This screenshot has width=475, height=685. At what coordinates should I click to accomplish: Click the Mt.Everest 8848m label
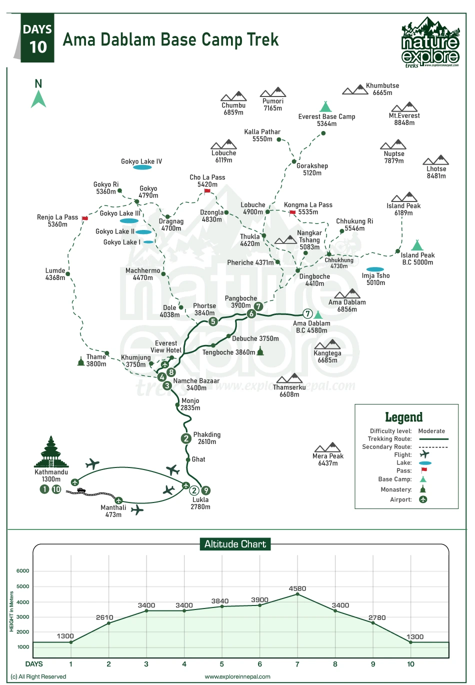pos(404,119)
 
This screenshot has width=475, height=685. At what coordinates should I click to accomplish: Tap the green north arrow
pos(38,98)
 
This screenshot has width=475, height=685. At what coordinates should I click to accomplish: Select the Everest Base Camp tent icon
pos(325,106)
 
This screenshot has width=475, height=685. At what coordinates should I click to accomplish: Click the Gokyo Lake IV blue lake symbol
pos(142,167)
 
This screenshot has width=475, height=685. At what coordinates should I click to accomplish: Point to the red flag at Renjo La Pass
pos(85,218)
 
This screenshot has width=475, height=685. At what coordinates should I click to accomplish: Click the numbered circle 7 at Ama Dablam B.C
pos(307,314)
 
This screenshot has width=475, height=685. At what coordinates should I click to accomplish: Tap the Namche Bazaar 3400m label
pos(196,384)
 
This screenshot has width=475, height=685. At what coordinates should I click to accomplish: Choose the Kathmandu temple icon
pos(51,452)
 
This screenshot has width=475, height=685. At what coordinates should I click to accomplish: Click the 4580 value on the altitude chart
pos(297,588)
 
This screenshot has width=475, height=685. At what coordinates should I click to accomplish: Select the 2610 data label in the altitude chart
pos(104,617)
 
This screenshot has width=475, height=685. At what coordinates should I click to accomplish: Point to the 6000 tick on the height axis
pos(23,570)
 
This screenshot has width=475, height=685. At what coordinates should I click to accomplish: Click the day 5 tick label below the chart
pos(221,664)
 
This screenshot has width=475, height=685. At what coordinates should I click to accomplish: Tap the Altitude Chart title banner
pos(235,544)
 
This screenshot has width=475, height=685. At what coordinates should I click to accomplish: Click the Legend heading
pos(403,417)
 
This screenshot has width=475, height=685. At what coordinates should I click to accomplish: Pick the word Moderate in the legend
pos(431,431)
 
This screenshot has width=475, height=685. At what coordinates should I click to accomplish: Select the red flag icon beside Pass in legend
pos(424,470)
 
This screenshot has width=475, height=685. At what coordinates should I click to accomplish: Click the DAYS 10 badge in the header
pos(37,38)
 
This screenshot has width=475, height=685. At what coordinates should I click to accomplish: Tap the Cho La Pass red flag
pos(207,191)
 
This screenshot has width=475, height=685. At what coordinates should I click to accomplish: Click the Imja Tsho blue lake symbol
pos(375,269)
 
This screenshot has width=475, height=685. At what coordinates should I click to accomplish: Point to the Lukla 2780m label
pos(200,503)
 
